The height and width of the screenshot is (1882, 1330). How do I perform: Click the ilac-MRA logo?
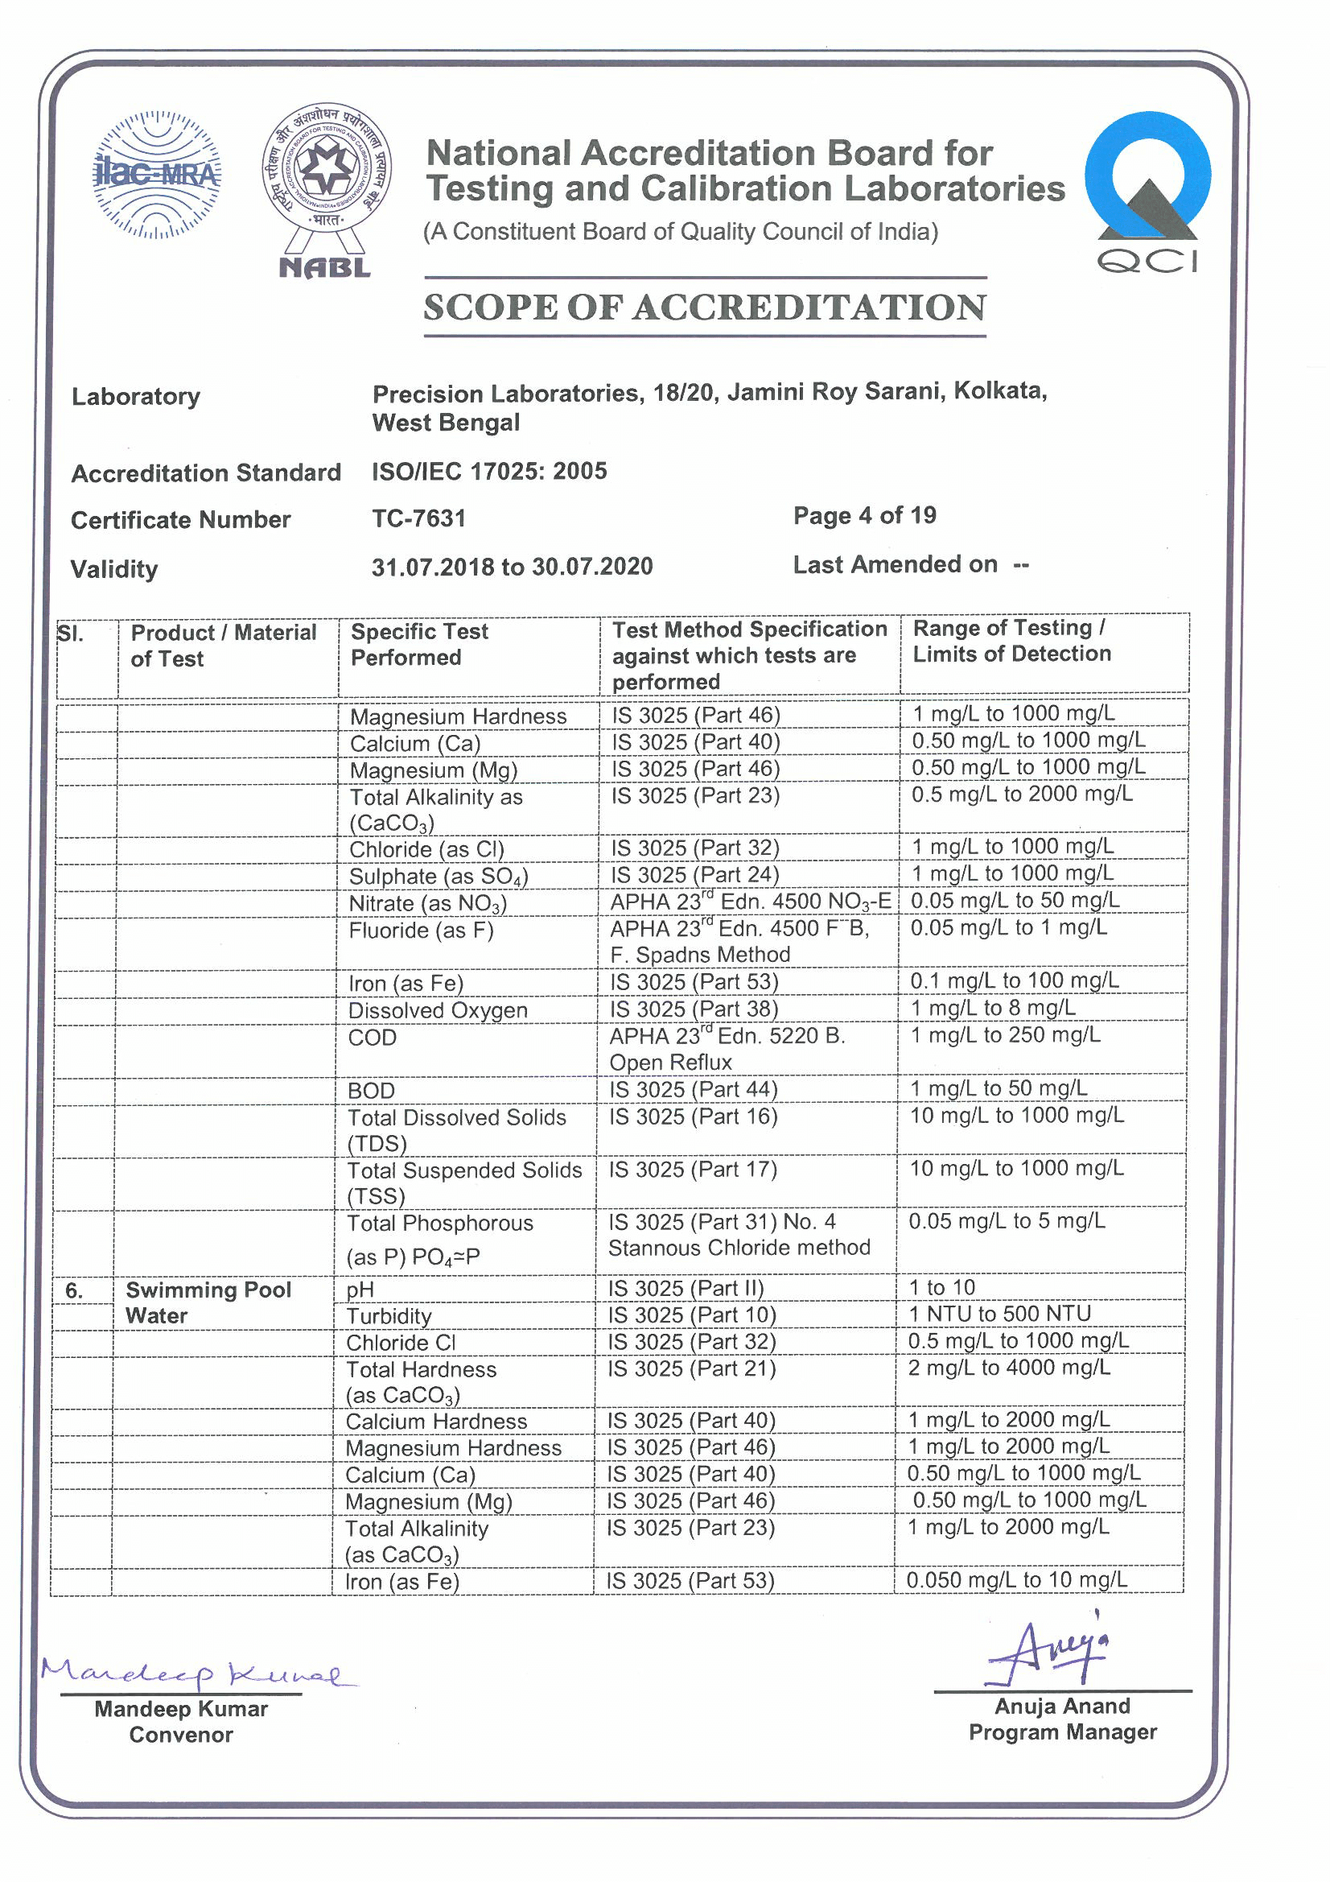[x=157, y=175]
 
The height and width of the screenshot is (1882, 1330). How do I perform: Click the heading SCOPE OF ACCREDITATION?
[x=705, y=308]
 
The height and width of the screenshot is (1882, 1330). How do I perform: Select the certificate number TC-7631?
[x=418, y=518]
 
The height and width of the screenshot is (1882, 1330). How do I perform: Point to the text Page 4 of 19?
[x=865, y=516]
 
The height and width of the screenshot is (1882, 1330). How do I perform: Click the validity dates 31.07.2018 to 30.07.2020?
[x=513, y=567]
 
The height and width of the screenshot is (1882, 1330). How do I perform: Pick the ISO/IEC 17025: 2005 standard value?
[x=489, y=472]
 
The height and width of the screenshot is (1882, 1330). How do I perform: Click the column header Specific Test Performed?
[x=419, y=644]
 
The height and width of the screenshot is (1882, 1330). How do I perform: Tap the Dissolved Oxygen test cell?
[x=438, y=1011]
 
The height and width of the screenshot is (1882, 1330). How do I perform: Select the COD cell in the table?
[x=372, y=1038]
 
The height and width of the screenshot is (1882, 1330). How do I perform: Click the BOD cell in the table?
[x=371, y=1091]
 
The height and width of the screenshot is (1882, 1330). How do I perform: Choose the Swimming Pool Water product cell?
[x=208, y=1302]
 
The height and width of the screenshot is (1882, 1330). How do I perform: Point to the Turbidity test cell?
[x=389, y=1316]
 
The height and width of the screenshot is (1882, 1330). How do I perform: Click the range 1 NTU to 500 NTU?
[x=1000, y=1314]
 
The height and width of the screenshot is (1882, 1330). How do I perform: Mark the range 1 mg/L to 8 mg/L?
[x=993, y=1007]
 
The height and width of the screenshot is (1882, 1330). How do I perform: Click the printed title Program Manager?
[x=1062, y=1732]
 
